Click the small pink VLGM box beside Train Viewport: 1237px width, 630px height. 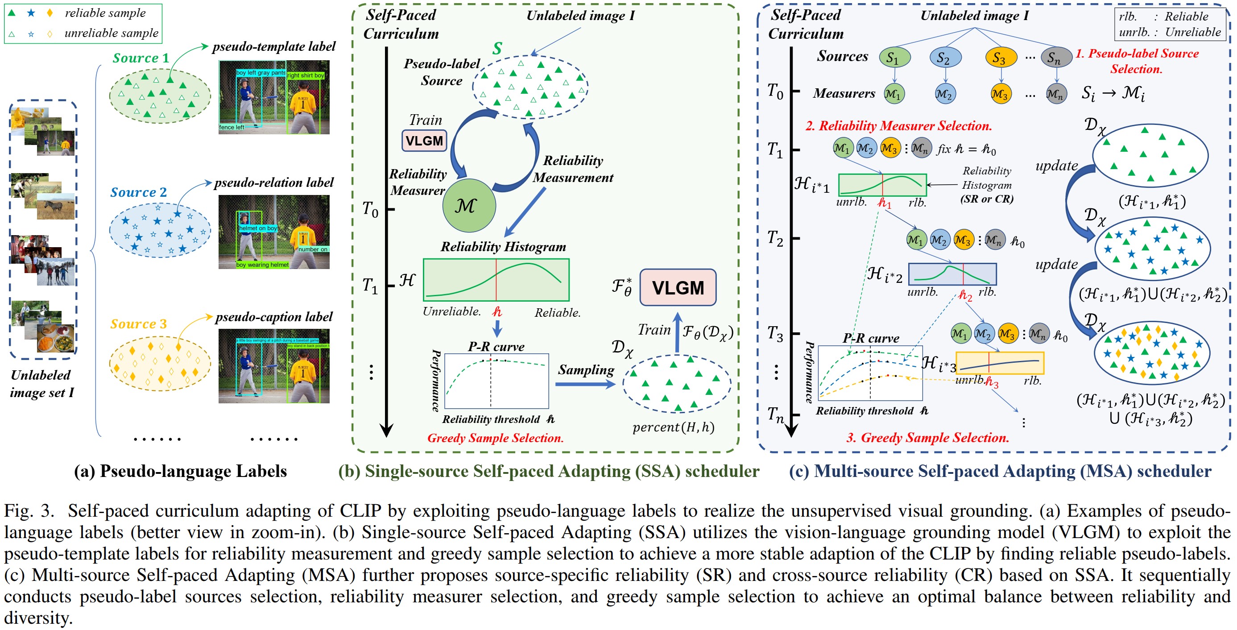[x=424, y=141]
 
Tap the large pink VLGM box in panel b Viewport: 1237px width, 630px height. [x=678, y=288]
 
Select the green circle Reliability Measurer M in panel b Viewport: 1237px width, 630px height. [x=468, y=206]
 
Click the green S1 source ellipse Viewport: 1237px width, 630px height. [x=894, y=58]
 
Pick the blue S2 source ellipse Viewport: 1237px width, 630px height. [x=945, y=58]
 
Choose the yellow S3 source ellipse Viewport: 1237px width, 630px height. [x=1001, y=58]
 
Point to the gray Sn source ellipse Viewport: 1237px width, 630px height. [x=1056, y=58]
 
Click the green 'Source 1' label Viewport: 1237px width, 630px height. [x=141, y=58]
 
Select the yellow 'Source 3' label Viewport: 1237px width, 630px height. [x=138, y=324]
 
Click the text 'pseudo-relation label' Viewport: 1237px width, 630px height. [x=274, y=182]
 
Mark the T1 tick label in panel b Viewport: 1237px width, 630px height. [x=370, y=286]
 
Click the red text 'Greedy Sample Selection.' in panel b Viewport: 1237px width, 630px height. [x=495, y=438]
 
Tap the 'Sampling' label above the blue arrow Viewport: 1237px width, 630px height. [x=586, y=370]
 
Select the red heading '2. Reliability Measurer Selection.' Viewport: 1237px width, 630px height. [x=898, y=126]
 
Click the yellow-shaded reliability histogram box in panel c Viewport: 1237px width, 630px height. [x=1000, y=363]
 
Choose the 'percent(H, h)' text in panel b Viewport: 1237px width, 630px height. [x=673, y=427]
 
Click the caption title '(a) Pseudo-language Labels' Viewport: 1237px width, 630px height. [x=180, y=471]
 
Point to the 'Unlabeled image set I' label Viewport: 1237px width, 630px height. [x=42, y=384]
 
